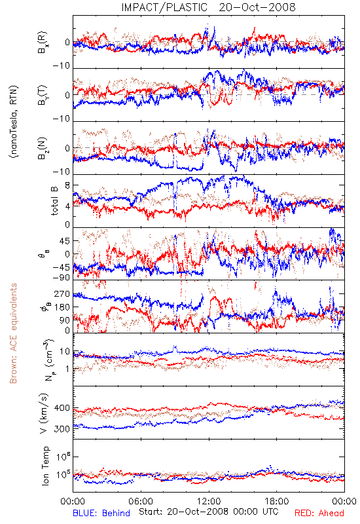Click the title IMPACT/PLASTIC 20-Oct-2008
(x=208, y=7)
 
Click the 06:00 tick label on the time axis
(x=141, y=501)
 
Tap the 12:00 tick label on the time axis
(x=209, y=501)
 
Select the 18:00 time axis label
(x=277, y=501)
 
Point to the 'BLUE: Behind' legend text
(x=101, y=513)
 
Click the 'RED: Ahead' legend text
(x=319, y=513)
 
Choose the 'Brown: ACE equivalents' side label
(x=13, y=333)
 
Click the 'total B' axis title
(x=54, y=201)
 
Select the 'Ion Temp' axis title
(x=45, y=466)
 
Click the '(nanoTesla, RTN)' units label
(x=14, y=122)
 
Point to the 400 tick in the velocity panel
(x=62, y=407)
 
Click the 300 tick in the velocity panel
(x=62, y=429)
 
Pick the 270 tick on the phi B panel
(x=62, y=293)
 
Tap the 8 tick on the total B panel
(x=67, y=185)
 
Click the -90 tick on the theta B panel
(x=61, y=277)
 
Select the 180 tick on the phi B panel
(x=62, y=307)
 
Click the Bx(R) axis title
(x=43, y=43)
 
